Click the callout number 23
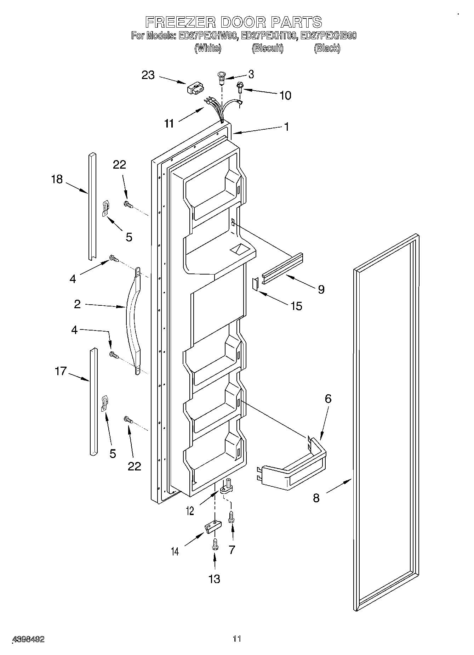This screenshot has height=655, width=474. click(148, 75)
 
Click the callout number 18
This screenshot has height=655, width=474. click(57, 180)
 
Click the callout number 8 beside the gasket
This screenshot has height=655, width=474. click(316, 498)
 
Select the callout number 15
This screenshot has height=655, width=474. click(297, 306)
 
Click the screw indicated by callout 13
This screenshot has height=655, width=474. click(215, 544)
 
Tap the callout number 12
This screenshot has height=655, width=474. click(190, 511)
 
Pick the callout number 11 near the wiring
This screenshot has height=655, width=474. click(169, 124)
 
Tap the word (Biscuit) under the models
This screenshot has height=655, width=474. click(268, 48)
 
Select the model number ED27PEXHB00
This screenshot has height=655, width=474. click(328, 36)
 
